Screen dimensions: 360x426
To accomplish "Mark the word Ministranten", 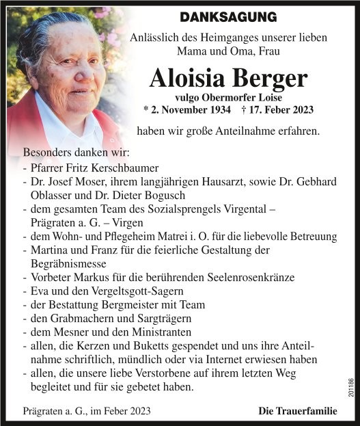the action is (144, 332).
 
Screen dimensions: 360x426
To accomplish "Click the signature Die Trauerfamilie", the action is (298, 411).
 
